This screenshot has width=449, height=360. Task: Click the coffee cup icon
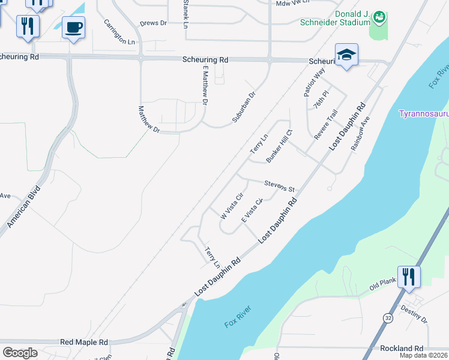point(73,28)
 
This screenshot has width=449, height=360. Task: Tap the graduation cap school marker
point(346,55)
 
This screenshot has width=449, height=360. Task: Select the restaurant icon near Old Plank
point(409,277)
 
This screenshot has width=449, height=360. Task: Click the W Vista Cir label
point(231,205)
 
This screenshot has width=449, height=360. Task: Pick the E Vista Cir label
point(252,211)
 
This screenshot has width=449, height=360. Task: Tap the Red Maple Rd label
point(83,342)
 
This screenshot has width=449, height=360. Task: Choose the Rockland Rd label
point(402,348)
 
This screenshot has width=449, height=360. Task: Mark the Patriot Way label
point(314,82)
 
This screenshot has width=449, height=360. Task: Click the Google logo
point(20,352)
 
